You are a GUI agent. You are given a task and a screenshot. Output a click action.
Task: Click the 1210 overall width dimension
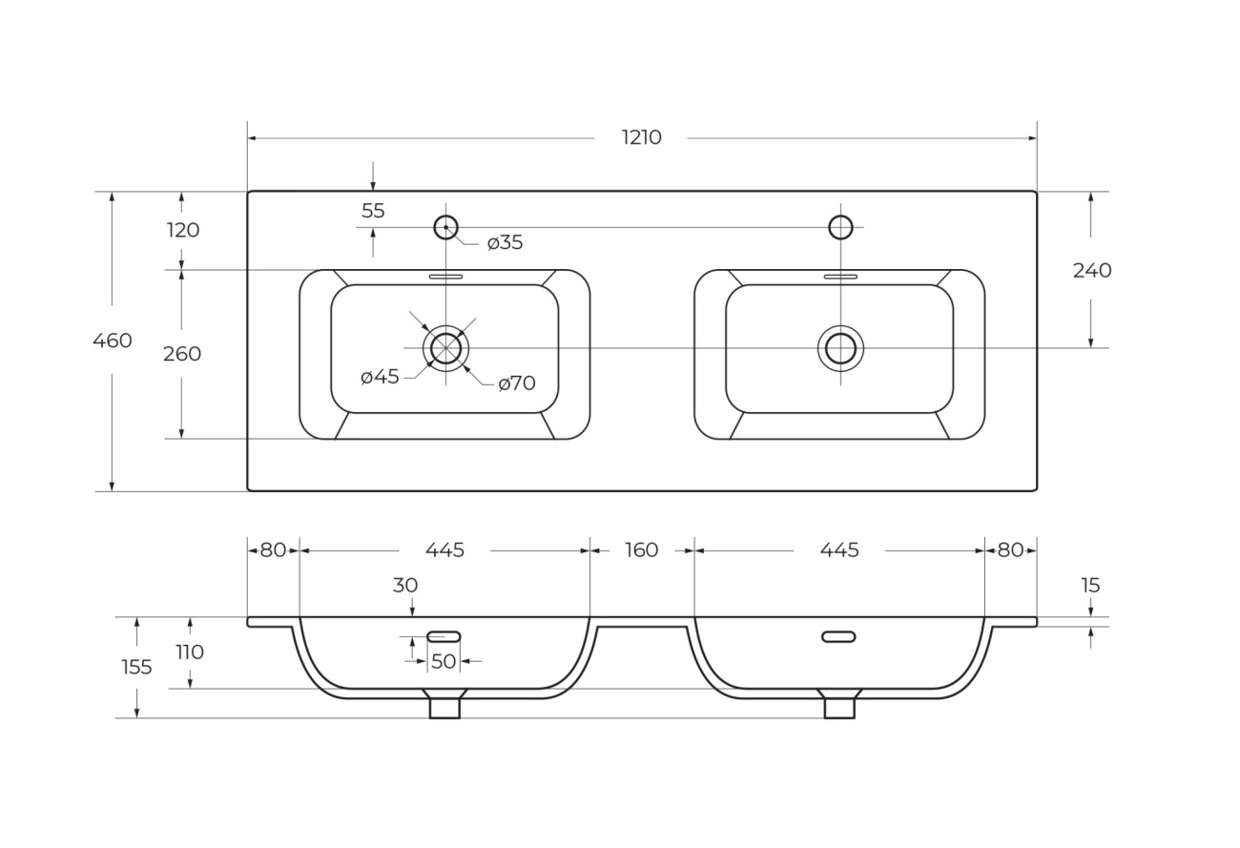pos(641,137)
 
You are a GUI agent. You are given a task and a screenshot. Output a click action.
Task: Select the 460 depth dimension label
pos(113,341)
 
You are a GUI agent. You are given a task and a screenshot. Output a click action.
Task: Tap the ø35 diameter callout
pos(505,243)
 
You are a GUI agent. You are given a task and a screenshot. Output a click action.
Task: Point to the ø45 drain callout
pos(380,377)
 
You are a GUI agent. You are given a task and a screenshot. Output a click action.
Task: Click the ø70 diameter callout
pos(517,383)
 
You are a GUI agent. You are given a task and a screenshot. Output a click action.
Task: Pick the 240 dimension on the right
pos(1092,271)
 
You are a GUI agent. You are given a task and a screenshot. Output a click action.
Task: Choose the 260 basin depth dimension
pos(182,354)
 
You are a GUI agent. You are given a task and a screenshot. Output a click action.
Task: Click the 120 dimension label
pos(182,230)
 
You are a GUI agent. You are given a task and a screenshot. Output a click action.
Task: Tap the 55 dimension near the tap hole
pos(373,211)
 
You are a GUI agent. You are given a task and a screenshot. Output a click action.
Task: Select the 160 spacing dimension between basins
pos(642,550)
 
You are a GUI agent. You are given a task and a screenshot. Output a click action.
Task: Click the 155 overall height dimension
pos(136,667)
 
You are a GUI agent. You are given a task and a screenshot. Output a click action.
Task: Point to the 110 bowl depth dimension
pos(190,652)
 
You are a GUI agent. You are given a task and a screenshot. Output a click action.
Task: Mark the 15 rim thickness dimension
pos(1091,586)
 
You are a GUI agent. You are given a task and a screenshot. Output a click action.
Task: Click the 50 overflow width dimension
pos(444,661)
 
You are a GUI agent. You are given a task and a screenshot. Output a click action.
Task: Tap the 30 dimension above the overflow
pos(405,586)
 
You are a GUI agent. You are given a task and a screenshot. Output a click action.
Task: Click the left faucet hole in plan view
pos(445,227)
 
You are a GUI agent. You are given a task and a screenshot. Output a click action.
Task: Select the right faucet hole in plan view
pos(840,227)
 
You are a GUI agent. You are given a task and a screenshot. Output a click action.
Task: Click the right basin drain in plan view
pos(840,348)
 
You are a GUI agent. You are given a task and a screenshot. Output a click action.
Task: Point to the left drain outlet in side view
pos(444,707)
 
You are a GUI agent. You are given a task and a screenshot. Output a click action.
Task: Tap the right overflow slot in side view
pos(838,636)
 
